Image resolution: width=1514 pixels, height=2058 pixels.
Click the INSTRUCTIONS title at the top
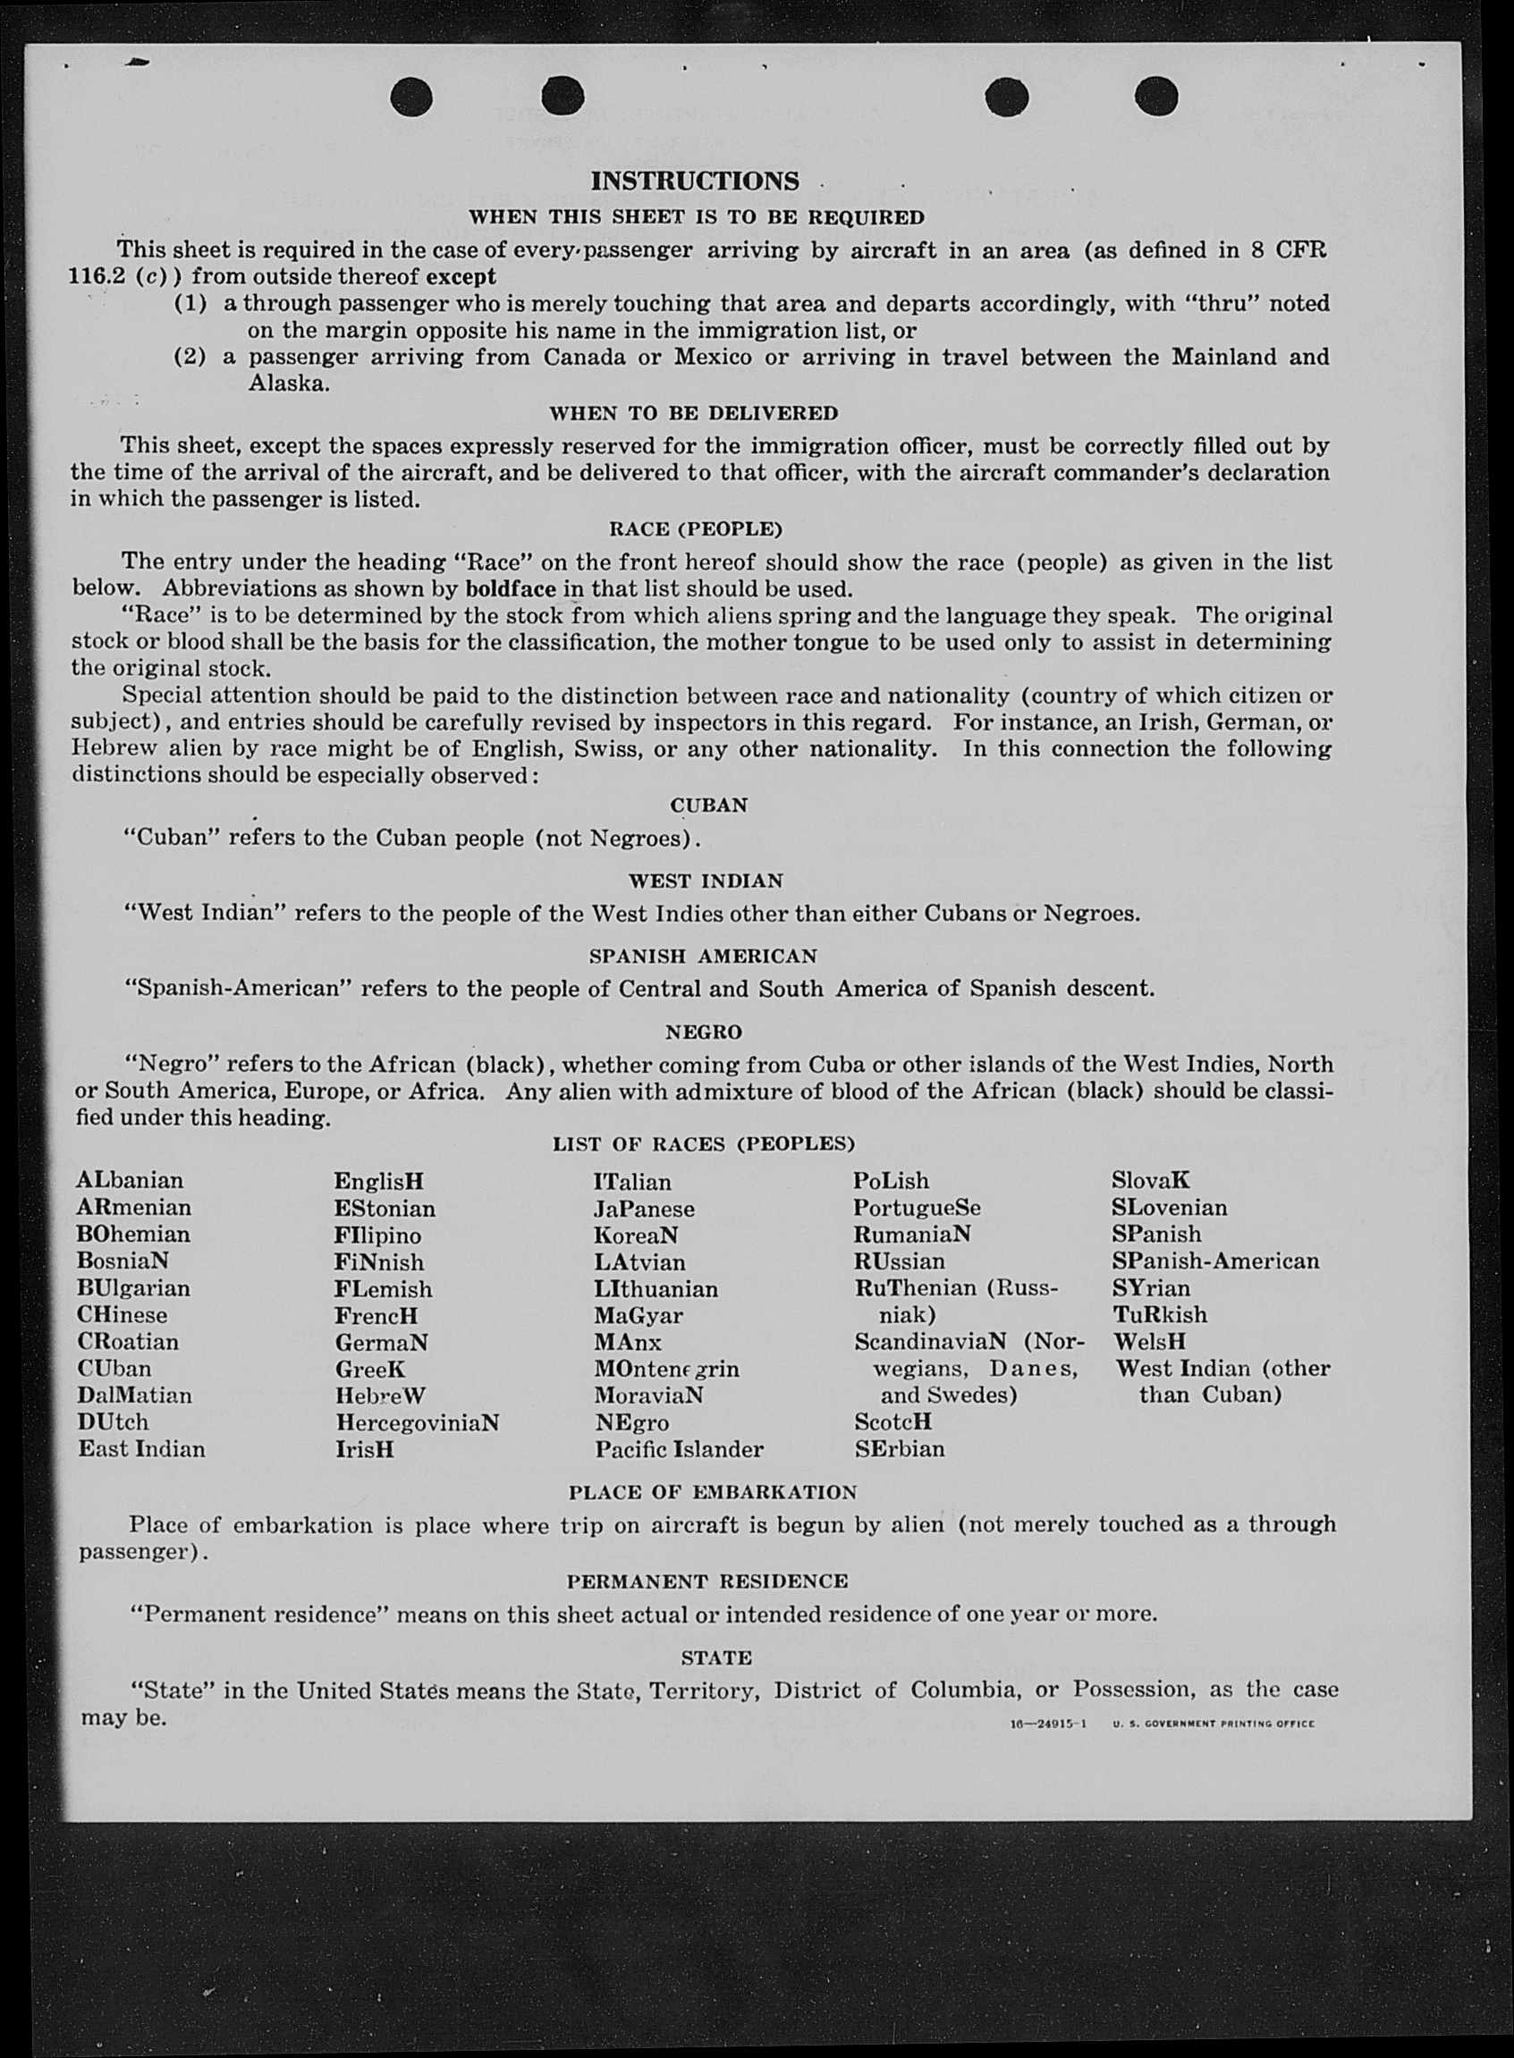695,181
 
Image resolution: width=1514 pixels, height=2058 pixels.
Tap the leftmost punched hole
410,96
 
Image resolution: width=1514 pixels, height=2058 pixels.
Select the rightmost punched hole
1155,96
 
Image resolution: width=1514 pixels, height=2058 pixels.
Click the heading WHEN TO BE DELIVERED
694,413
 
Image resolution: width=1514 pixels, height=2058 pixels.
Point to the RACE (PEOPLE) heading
696,528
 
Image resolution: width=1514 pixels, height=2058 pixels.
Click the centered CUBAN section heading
708,805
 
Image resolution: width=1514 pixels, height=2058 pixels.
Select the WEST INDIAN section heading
706,881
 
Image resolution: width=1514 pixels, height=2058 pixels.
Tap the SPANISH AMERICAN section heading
703,957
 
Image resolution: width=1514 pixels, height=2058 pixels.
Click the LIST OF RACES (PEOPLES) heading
703,1144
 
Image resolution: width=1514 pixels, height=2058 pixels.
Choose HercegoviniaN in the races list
417,1422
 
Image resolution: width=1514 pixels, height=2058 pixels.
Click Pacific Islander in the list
678,1449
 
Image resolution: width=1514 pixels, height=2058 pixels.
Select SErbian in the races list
899,1448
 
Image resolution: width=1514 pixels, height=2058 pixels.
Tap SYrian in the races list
1151,1287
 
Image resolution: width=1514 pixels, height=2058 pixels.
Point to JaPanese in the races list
644,1209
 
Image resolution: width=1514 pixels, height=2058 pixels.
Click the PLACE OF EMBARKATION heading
712,1493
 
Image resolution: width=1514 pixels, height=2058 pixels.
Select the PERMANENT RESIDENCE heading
706,1581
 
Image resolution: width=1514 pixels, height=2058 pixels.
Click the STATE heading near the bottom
716,1657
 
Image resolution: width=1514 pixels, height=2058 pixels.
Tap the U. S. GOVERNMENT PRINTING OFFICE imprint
1214,1724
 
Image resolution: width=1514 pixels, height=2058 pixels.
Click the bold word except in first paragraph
460,276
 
